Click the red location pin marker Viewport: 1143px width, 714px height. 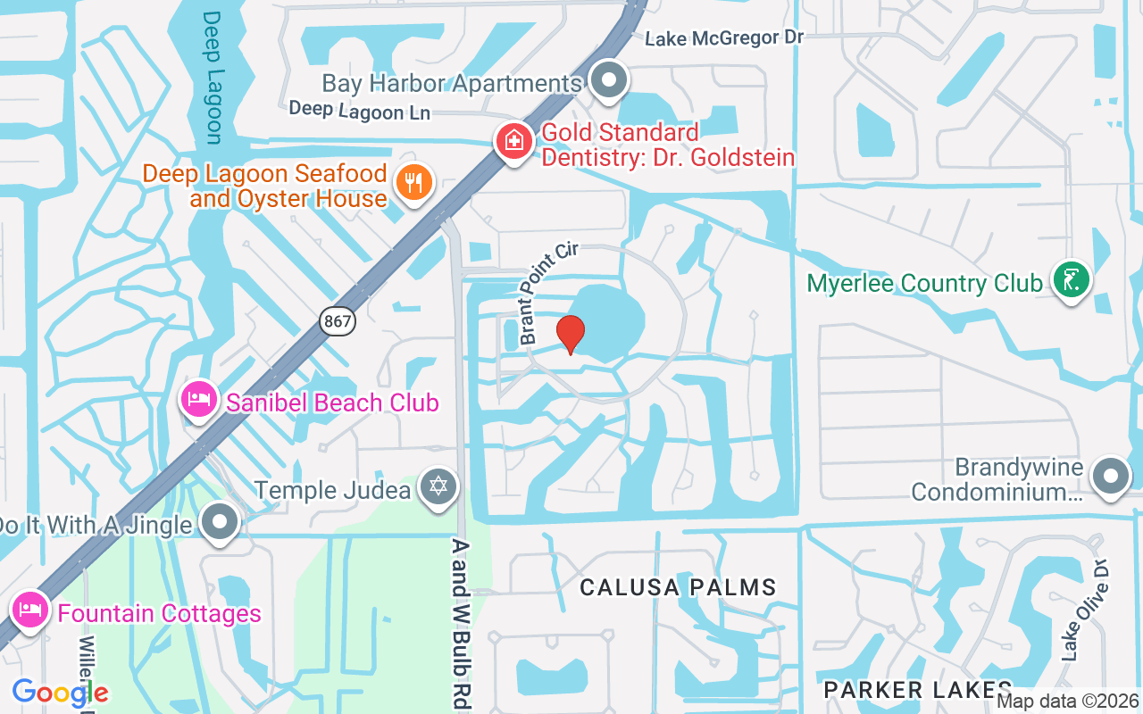(571, 335)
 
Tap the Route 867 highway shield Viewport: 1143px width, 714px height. (338, 321)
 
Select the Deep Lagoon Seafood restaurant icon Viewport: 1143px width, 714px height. (413, 183)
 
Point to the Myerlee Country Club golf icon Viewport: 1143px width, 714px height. (1071, 279)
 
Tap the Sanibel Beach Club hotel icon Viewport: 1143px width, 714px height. (198, 399)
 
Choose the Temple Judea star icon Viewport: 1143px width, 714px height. (438, 487)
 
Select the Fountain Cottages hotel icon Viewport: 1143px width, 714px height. (30, 610)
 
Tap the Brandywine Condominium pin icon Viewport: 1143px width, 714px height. (1111, 476)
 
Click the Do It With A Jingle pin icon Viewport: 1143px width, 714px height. (219, 521)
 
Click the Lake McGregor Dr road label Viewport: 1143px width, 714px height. (724, 37)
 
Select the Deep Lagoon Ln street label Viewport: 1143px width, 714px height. (360, 111)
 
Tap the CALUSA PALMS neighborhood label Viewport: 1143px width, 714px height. (678, 587)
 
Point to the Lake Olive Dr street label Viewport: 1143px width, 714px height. (1085, 611)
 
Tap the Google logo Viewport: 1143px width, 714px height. (60, 693)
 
